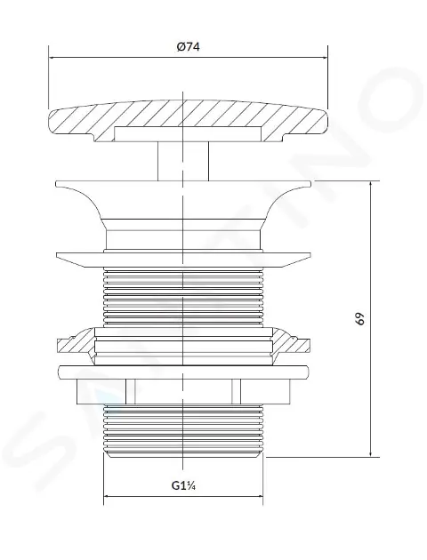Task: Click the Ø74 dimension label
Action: [188, 47]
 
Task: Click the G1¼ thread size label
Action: [183, 485]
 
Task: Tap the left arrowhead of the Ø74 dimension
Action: [52, 57]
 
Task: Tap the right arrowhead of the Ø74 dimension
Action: [324, 57]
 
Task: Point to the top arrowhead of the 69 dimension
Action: [371, 186]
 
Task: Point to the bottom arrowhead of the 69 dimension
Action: [371, 452]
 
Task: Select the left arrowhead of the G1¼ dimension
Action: [108, 496]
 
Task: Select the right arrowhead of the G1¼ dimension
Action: [259, 496]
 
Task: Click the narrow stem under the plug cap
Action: [183, 161]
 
